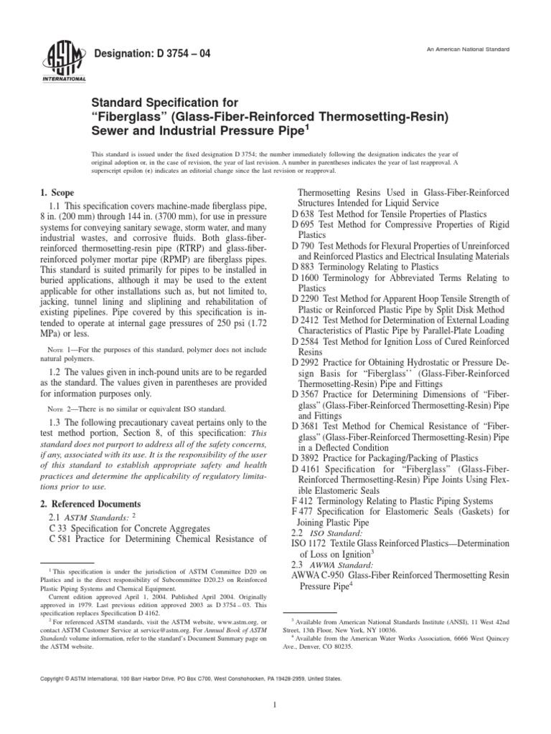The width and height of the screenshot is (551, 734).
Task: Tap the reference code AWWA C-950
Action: [x=319, y=576]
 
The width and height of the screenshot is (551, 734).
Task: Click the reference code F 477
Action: [x=306, y=513]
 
